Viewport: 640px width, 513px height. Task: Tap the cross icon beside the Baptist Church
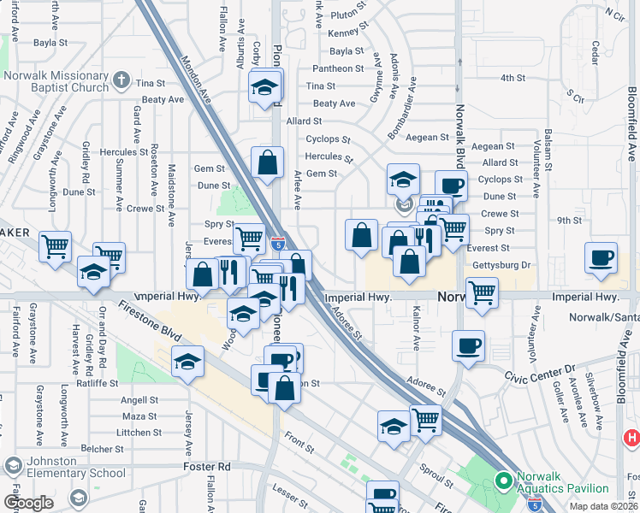pyautogui.click(x=121, y=82)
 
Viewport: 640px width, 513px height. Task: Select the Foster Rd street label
pyautogui.click(x=207, y=468)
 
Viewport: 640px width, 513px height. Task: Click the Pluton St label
pyautogui.click(x=349, y=15)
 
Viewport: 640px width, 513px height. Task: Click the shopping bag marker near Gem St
pyautogui.click(x=268, y=164)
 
